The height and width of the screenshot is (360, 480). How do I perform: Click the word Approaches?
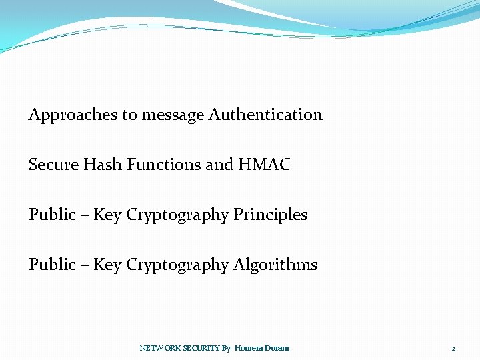pos(73,115)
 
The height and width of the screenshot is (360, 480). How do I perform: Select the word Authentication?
pos(265,115)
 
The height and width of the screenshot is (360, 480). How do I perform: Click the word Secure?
pos(53,165)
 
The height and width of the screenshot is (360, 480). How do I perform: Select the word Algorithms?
pos(275,265)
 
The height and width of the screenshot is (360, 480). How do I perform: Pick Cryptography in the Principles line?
pos(177,215)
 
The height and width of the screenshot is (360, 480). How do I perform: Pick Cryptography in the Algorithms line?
pos(177,265)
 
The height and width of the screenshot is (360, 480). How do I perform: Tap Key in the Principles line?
pos(107,215)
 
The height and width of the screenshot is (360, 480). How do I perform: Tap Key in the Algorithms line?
pos(107,265)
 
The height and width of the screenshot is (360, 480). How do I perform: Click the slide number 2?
pos(453,349)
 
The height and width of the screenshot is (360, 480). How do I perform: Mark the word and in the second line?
pos(219,165)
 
